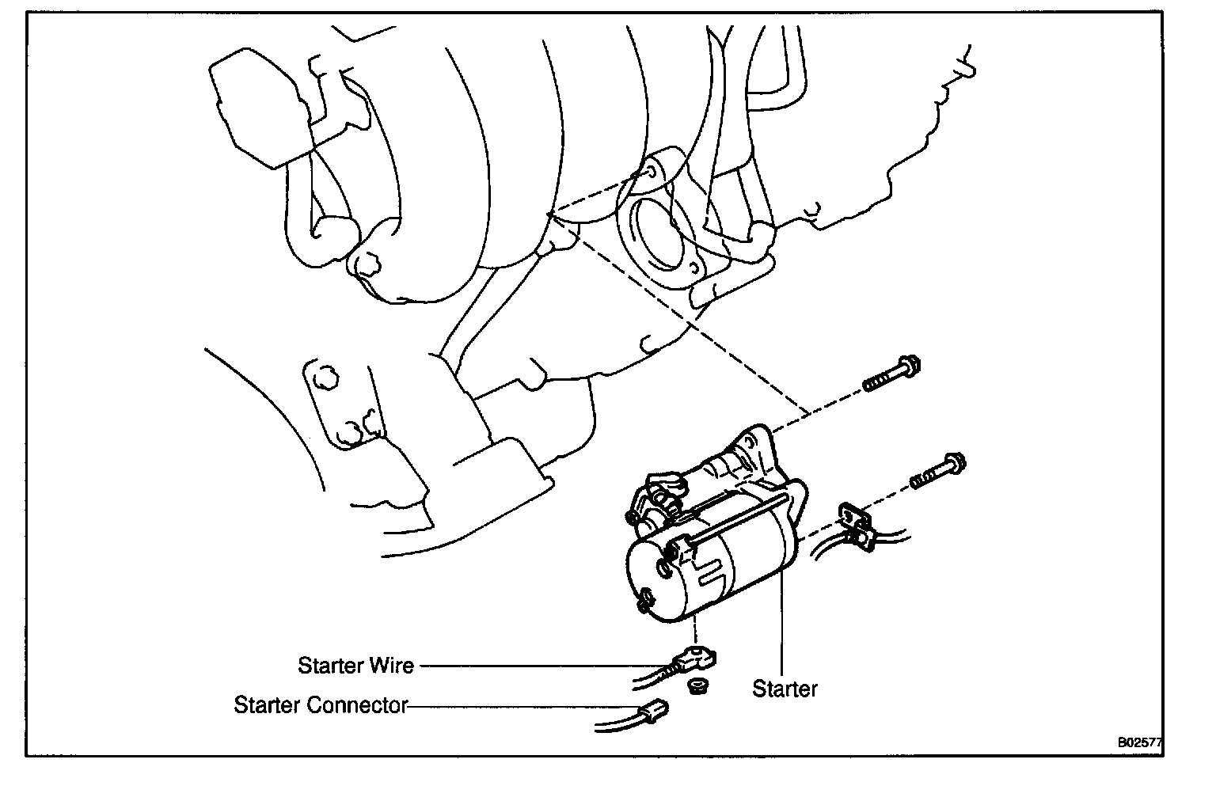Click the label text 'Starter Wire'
tap(355, 666)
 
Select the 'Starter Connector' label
tap(320, 704)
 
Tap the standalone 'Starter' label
tap(785, 689)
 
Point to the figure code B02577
tap(1139, 742)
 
